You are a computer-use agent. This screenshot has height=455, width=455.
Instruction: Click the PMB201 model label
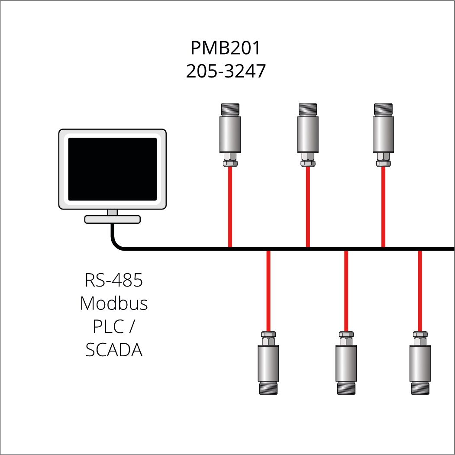[226, 48]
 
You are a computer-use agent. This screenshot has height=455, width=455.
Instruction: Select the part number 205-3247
[226, 71]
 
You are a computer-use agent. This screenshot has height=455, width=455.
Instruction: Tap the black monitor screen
[112, 169]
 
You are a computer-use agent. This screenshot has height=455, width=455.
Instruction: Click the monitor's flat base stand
[112, 219]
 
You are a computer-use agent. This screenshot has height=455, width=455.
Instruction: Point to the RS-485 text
[114, 280]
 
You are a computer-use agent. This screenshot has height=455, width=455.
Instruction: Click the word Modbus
[114, 303]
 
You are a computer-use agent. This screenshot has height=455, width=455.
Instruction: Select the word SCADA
[114, 350]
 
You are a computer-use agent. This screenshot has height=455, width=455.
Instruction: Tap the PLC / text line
[114, 326]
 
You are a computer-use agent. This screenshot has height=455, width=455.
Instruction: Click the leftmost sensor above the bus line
[230, 135]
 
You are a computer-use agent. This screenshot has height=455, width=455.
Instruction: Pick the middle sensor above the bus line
[308, 135]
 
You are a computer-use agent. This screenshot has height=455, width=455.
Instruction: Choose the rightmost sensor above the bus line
[383, 135]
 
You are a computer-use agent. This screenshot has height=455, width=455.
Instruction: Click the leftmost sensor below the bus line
[268, 363]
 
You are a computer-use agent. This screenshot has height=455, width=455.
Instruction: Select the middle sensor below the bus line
[346, 363]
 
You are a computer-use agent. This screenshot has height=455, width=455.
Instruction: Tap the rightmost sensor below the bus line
[420, 363]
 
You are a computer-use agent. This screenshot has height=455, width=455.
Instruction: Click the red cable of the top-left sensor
[230, 207]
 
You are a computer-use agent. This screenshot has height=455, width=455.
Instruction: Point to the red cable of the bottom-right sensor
[420, 291]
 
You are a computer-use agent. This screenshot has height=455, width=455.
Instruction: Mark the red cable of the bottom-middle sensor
[346, 291]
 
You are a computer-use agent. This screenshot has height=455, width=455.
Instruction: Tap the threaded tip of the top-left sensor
[230, 109]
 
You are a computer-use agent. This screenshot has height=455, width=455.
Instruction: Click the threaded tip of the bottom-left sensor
[268, 389]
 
